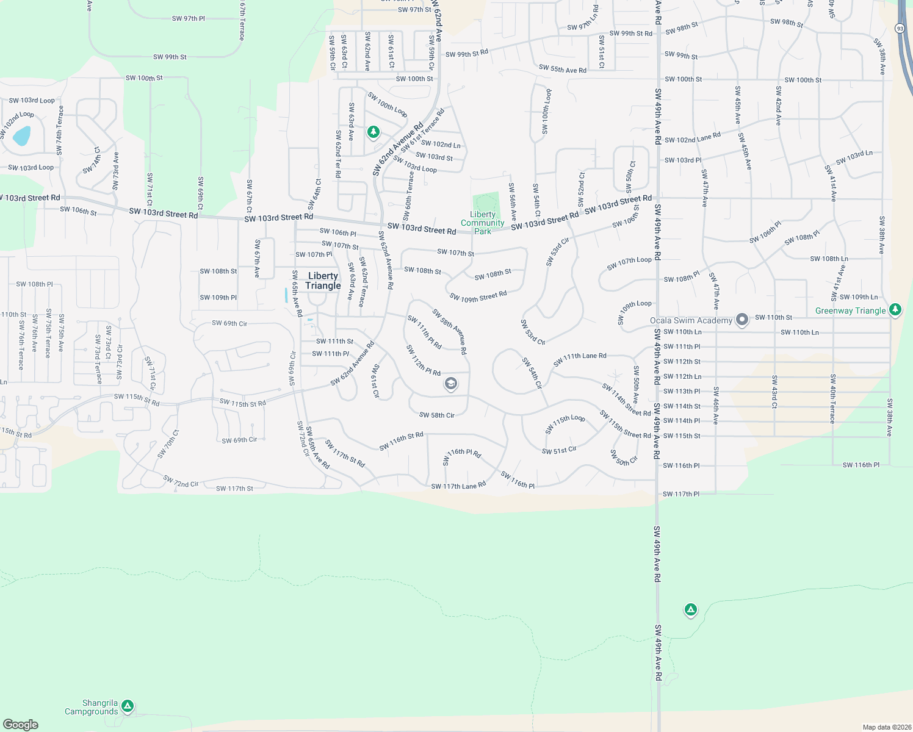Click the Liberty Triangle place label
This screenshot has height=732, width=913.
point(323,281)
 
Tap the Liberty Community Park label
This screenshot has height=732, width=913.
point(483,223)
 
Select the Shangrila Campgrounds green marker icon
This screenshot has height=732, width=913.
point(127,706)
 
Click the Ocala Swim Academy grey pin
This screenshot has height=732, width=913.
point(742,319)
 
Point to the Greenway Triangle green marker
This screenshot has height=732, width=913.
point(895,309)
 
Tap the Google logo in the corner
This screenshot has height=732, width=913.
point(20,724)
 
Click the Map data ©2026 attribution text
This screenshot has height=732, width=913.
point(886,727)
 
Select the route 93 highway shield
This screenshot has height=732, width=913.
point(900,28)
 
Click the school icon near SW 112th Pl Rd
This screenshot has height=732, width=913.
point(450,383)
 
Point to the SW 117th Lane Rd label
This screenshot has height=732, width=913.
point(458,486)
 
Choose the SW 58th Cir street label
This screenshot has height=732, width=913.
point(437,415)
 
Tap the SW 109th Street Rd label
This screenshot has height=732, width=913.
point(478,296)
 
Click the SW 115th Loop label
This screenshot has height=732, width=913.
point(565,424)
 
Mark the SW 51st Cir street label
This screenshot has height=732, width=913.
point(559,450)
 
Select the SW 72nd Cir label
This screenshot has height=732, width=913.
point(181,481)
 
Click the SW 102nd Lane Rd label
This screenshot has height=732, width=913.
point(693,138)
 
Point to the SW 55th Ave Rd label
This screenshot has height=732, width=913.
point(563,69)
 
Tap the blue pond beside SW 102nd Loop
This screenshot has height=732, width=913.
point(21,135)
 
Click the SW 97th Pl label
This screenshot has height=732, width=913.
point(189,18)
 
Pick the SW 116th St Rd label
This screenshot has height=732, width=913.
point(401,442)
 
